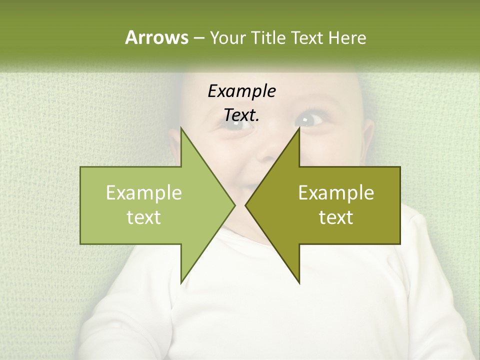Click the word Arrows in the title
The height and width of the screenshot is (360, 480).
click(x=156, y=37)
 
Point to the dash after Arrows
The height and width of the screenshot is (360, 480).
click(x=198, y=38)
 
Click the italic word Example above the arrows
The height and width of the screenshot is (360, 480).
click(x=242, y=91)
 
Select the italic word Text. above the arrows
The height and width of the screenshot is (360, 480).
click(x=242, y=115)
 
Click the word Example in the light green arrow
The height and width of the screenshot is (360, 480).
click(x=144, y=193)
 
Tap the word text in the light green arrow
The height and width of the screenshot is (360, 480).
click(x=144, y=217)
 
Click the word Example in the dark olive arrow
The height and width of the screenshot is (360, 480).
click(x=336, y=193)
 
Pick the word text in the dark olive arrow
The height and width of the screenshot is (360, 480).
click(x=336, y=217)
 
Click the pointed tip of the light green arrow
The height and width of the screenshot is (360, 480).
click(x=233, y=205)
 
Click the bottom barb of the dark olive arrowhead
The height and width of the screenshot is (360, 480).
click(x=298, y=280)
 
